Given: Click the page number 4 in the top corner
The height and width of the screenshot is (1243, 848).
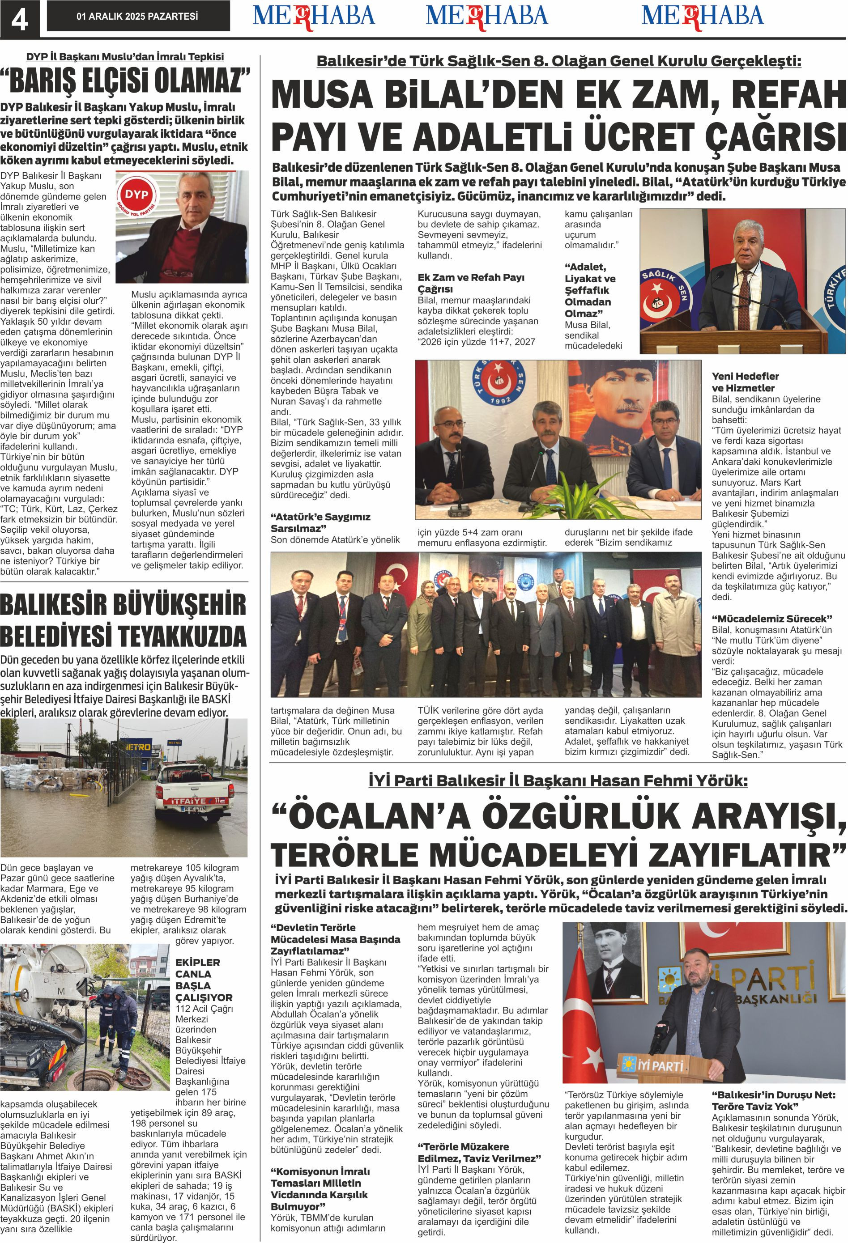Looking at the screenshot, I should [x=20, y=20].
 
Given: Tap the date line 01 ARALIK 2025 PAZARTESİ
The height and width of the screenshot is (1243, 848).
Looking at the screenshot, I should [x=137, y=17].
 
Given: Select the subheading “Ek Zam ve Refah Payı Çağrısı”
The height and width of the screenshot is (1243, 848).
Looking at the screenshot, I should [x=471, y=283].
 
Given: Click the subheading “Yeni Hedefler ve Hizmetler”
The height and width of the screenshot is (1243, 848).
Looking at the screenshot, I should [x=745, y=382].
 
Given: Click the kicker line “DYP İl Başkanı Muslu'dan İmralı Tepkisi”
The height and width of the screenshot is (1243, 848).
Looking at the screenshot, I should [x=125, y=57].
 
